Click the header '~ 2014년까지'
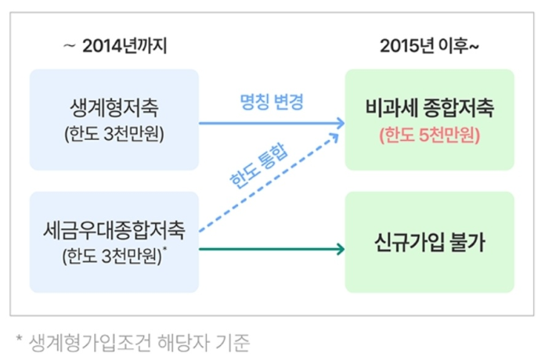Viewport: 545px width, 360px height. point(115,46)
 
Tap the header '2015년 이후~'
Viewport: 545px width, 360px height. point(429,46)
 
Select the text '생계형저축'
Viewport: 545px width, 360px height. point(115,107)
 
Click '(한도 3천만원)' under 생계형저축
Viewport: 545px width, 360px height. point(115,133)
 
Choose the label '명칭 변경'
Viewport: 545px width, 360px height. point(271,101)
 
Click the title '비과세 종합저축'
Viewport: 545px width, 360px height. point(429,107)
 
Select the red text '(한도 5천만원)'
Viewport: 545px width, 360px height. point(429,134)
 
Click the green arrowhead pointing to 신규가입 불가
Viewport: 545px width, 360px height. point(340,250)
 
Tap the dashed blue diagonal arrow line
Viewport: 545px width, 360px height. point(266,189)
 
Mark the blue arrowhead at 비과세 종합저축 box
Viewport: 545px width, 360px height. point(340,123)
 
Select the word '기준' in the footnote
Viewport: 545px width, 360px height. point(232,341)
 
